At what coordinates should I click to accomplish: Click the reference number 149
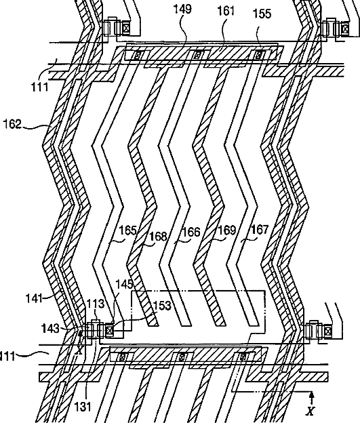tap(182, 9)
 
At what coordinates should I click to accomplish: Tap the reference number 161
tap(226, 11)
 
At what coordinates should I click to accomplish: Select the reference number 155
tap(262, 14)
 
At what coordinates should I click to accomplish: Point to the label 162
tap(12, 124)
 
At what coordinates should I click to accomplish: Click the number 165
tap(128, 230)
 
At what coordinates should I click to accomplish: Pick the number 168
tap(159, 237)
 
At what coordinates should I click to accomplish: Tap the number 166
tap(192, 232)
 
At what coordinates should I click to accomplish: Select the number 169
tap(226, 230)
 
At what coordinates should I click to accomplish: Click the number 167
tap(260, 230)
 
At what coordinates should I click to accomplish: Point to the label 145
tap(125, 284)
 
